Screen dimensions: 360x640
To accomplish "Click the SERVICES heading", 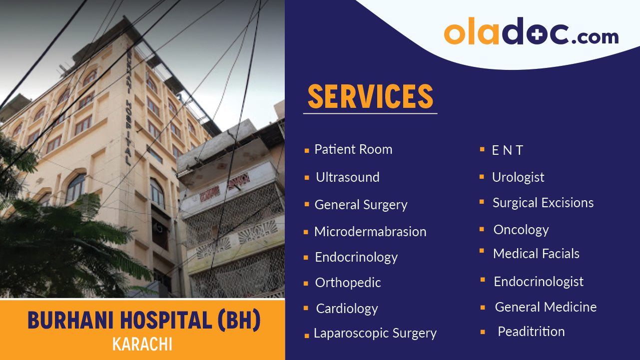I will point(370,96).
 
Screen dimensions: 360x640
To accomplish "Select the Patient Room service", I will point(353,149).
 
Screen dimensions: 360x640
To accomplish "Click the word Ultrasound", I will point(348,177).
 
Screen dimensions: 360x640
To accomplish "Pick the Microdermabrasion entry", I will point(370,232).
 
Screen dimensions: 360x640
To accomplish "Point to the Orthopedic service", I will point(348,283).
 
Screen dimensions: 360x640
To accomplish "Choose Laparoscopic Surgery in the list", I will point(375,334).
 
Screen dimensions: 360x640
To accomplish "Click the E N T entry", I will point(507,150).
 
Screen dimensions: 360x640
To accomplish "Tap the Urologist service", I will point(518,177).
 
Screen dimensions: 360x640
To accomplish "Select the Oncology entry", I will point(521,230).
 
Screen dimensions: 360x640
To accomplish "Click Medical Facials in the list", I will point(536,254).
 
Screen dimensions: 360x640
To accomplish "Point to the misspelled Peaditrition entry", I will point(531,332).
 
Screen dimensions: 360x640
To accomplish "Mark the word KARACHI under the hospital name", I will point(142,345).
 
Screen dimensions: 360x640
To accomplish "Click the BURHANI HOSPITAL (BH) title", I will point(144,321).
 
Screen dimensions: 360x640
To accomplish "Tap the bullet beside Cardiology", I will point(306,309).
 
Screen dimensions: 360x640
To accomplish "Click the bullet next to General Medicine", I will point(483,308).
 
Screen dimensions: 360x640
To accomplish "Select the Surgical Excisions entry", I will point(543,203).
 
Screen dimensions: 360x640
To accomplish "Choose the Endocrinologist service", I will point(539,282).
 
